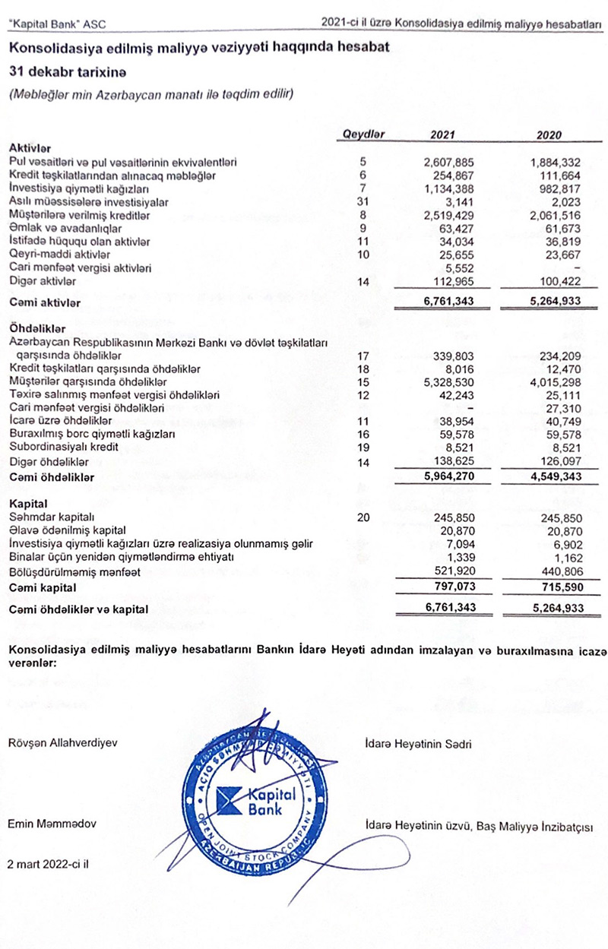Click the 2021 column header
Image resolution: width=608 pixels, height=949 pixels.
point(442,134)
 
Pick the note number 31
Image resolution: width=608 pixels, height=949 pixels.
point(363,201)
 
